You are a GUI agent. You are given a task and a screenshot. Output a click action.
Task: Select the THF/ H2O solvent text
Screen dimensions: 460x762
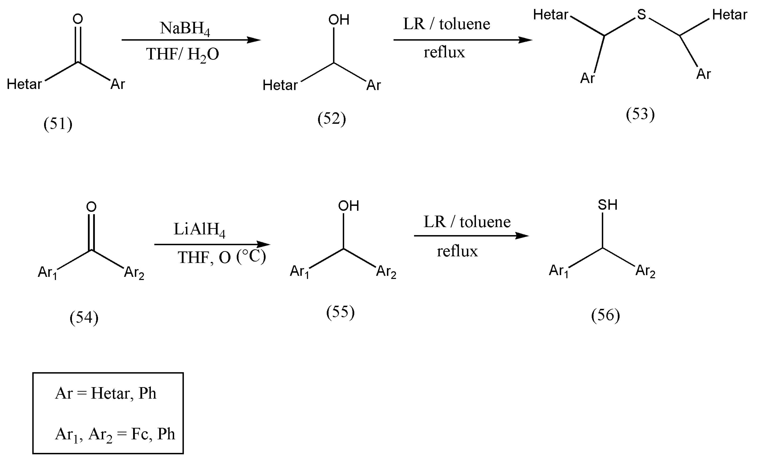182,54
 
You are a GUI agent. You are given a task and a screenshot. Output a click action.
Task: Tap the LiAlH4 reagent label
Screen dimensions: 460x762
199,230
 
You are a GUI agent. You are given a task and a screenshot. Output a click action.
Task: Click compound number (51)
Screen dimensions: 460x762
58,124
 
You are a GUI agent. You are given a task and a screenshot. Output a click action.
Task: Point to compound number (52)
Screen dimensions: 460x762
331,119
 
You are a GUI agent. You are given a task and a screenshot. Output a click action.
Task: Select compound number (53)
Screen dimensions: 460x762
640,114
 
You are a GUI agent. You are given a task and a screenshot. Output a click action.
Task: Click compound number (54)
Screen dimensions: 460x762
84,318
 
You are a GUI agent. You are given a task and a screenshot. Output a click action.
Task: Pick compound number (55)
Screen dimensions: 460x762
340,312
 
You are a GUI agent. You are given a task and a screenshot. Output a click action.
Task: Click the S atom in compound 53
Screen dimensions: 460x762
641,14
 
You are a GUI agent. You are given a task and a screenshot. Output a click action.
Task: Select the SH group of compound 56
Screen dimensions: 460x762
607,205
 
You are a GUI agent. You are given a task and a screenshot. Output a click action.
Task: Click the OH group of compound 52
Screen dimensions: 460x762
339,20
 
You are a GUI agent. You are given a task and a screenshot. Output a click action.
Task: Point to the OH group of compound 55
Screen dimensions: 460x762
348,206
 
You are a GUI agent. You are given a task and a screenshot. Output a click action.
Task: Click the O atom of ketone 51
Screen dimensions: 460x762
78,19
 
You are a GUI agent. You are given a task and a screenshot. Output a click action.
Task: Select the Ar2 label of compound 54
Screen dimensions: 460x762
134,273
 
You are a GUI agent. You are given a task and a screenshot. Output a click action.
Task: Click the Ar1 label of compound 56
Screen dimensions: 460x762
558,271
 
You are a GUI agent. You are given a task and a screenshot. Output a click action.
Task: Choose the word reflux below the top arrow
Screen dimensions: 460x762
444,52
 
